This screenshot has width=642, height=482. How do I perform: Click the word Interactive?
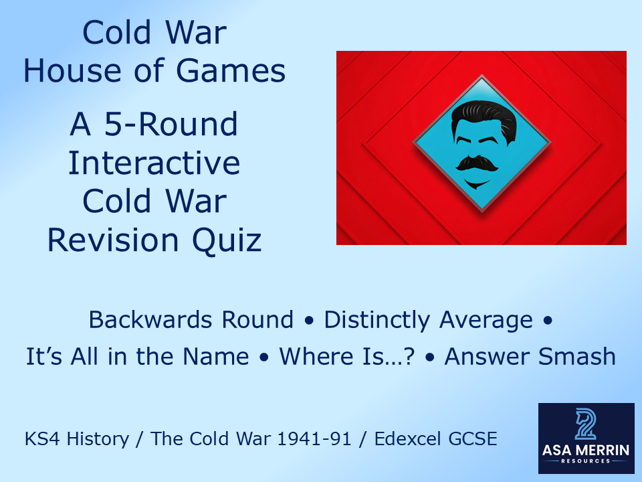click(154, 163)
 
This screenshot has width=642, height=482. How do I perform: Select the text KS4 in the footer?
click(41, 439)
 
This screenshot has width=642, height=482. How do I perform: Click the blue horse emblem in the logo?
click(586, 424)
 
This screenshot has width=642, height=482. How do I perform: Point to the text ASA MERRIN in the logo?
click(586, 450)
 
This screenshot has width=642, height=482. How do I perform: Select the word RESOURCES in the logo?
click(586, 462)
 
